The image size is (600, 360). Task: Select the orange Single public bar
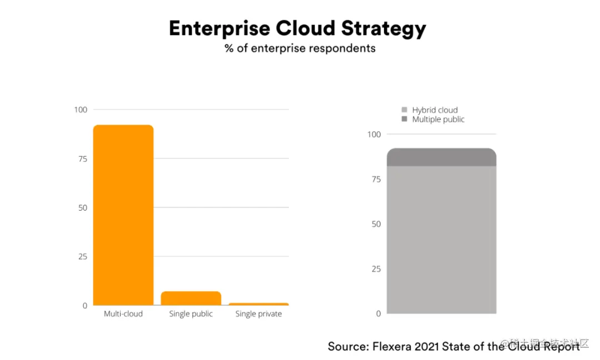[x=191, y=298]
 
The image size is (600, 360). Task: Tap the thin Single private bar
[x=258, y=304]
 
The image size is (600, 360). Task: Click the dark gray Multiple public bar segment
[x=441, y=158]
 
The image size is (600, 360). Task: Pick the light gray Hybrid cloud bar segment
[x=441, y=239]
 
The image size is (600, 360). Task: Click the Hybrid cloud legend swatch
[x=404, y=110]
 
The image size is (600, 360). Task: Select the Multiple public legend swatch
[x=404, y=119]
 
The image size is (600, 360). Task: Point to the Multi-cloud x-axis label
[x=123, y=314]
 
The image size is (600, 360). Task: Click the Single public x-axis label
[x=191, y=314]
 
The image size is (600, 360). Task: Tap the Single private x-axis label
[x=258, y=314]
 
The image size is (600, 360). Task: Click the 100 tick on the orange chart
[x=81, y=109]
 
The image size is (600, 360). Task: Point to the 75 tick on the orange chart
[x=83, y=159]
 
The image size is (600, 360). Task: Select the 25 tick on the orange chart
[x=83, y=257]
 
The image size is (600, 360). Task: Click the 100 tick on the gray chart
[x=374, y=134]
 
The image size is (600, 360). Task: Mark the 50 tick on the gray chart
[x=376, y=224]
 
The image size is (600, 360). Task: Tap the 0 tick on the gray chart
[x=378, y=314]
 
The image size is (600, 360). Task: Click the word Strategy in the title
[x=383, y=29]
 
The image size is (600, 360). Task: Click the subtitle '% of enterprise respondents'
[x=300, y=48]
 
